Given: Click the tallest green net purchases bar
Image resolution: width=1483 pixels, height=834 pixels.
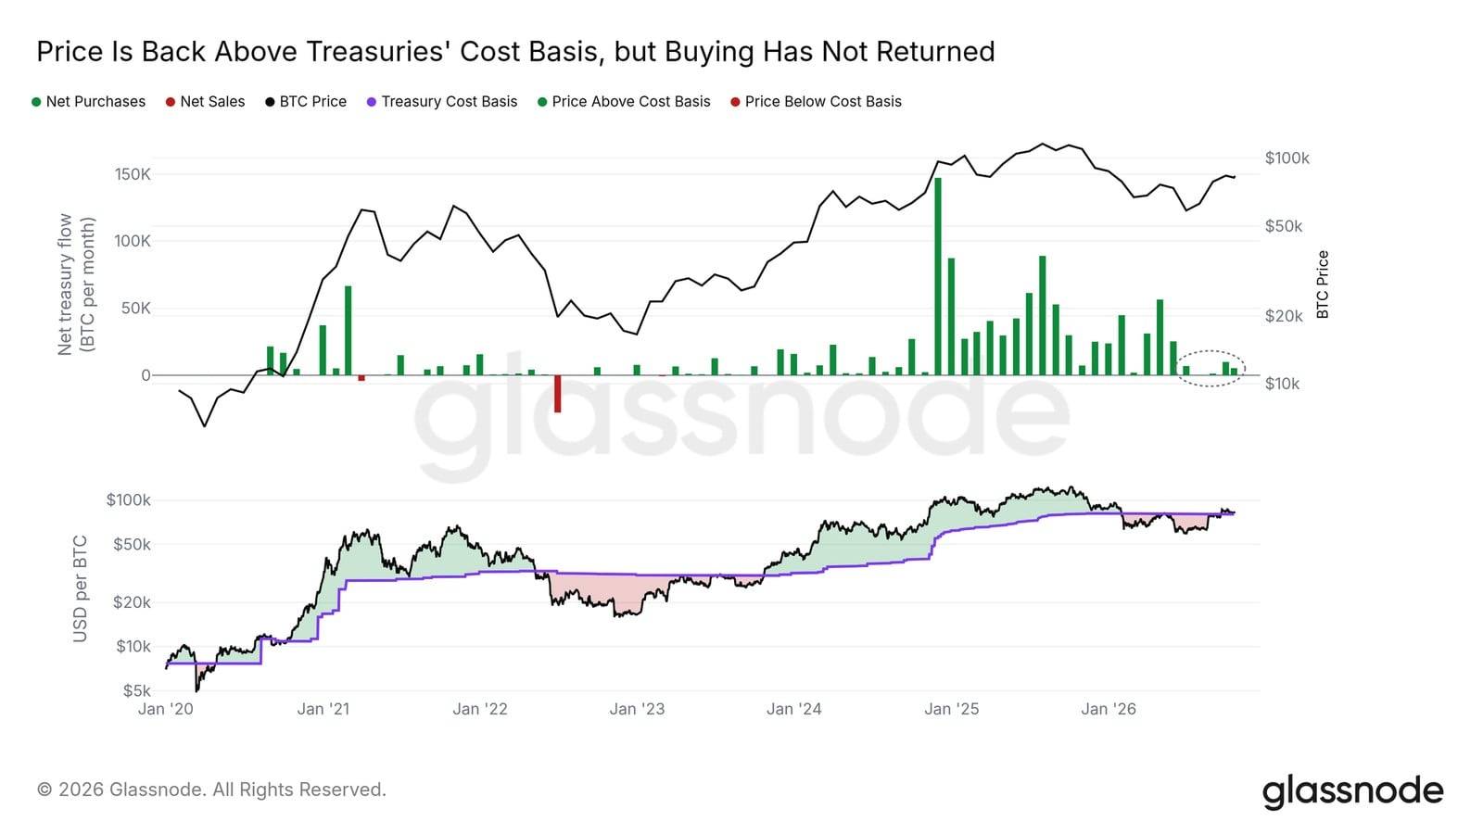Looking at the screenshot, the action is point(937,277).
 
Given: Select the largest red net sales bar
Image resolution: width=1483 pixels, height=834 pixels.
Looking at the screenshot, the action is point(557,394).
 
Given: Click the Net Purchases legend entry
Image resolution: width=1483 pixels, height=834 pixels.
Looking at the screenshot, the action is point(89,102).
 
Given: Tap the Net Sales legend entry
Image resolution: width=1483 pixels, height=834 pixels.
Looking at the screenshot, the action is point(205,102).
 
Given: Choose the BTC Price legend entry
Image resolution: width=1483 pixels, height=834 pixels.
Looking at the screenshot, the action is point(306,102).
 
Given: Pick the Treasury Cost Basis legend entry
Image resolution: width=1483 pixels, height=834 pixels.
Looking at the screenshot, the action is point(442,102).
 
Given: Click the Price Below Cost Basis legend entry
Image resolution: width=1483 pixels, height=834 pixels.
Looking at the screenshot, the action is point(817,102).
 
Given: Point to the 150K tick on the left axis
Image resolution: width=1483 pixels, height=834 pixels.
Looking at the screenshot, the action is point(133,175).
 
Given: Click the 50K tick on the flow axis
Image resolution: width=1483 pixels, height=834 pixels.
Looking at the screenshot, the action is point(135,309).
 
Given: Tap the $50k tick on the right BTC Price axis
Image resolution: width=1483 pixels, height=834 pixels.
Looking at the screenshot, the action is point(1283,226).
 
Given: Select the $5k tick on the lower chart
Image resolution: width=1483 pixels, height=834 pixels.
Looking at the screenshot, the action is point(137,691).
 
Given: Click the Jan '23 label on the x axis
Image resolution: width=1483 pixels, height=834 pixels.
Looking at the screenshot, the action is point(637,710).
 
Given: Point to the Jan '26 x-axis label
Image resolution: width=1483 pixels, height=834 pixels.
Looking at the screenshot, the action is point(1109,710).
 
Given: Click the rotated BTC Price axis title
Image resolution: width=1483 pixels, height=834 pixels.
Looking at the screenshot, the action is point(1323,284).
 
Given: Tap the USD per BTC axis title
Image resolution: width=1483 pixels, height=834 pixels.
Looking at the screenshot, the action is point(80,589).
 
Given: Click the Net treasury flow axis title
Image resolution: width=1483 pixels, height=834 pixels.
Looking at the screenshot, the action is point(76,284).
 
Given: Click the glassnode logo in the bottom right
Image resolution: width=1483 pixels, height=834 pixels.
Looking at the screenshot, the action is point(1352,791).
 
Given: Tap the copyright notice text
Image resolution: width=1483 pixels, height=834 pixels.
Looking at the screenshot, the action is point(211,790).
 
